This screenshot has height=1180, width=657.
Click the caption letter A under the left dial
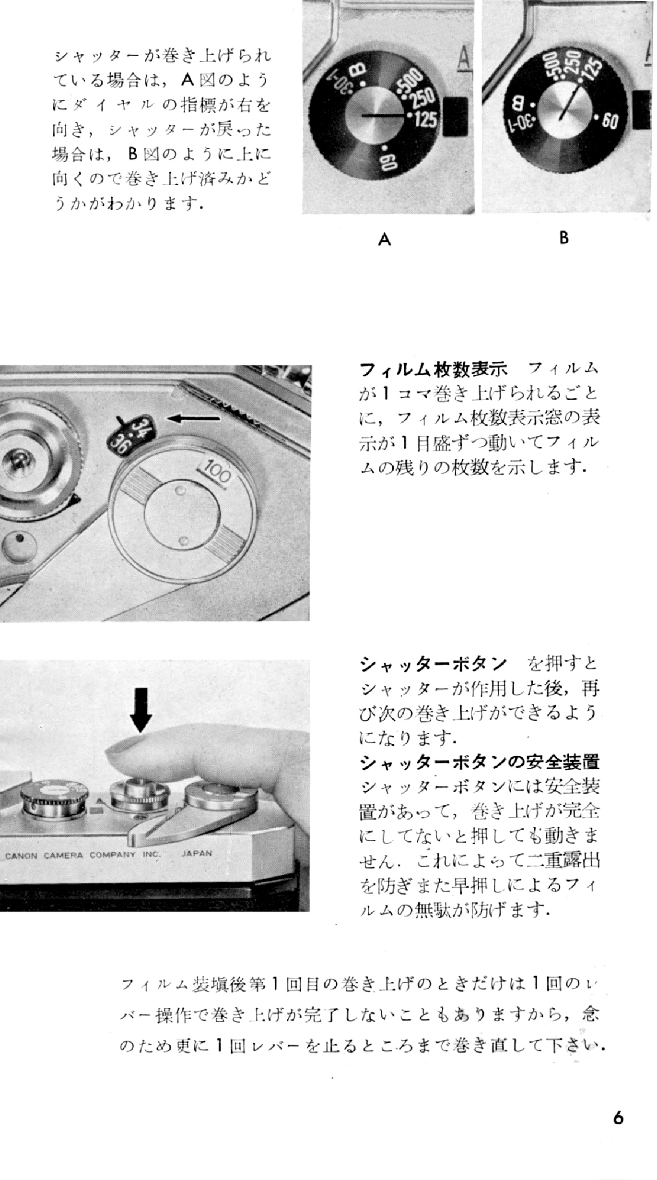(384, 239)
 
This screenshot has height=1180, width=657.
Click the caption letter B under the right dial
(564, 238)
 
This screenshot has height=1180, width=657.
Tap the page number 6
(618, 1119)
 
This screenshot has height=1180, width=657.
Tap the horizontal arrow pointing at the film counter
(194, 419)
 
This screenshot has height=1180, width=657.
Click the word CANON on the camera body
(21, 856)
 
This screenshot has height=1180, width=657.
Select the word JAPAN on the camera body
(197, 853)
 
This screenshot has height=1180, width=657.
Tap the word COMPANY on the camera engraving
(113, 855)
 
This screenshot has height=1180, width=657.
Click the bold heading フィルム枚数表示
(434, 369)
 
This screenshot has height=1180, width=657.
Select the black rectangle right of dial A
(455, 117)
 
